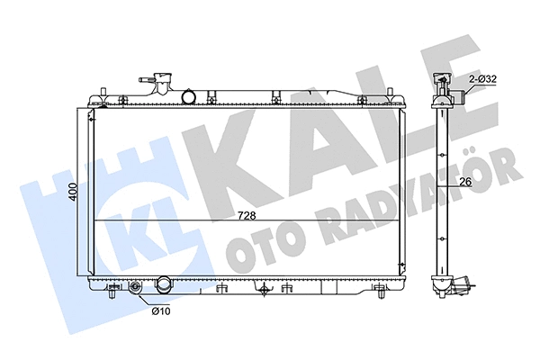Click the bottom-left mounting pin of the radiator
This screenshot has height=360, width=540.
pyautogui.click(x=111, y=292)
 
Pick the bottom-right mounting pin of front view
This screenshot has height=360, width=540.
pyautogui.click(x=385, y=292)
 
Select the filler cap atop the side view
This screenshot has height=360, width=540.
pyautogui.click(x=443, y=81)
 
